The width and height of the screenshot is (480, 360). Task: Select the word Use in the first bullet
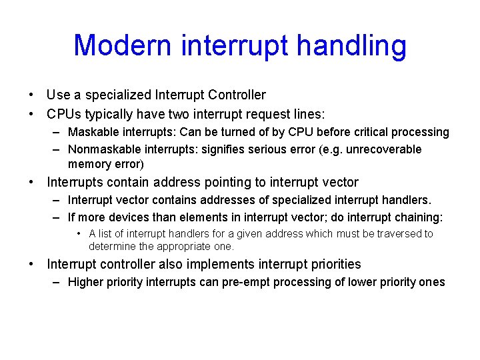(59, 95)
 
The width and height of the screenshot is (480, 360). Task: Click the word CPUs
(65, 114)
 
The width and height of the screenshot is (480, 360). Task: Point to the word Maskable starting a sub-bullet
(91, 132)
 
